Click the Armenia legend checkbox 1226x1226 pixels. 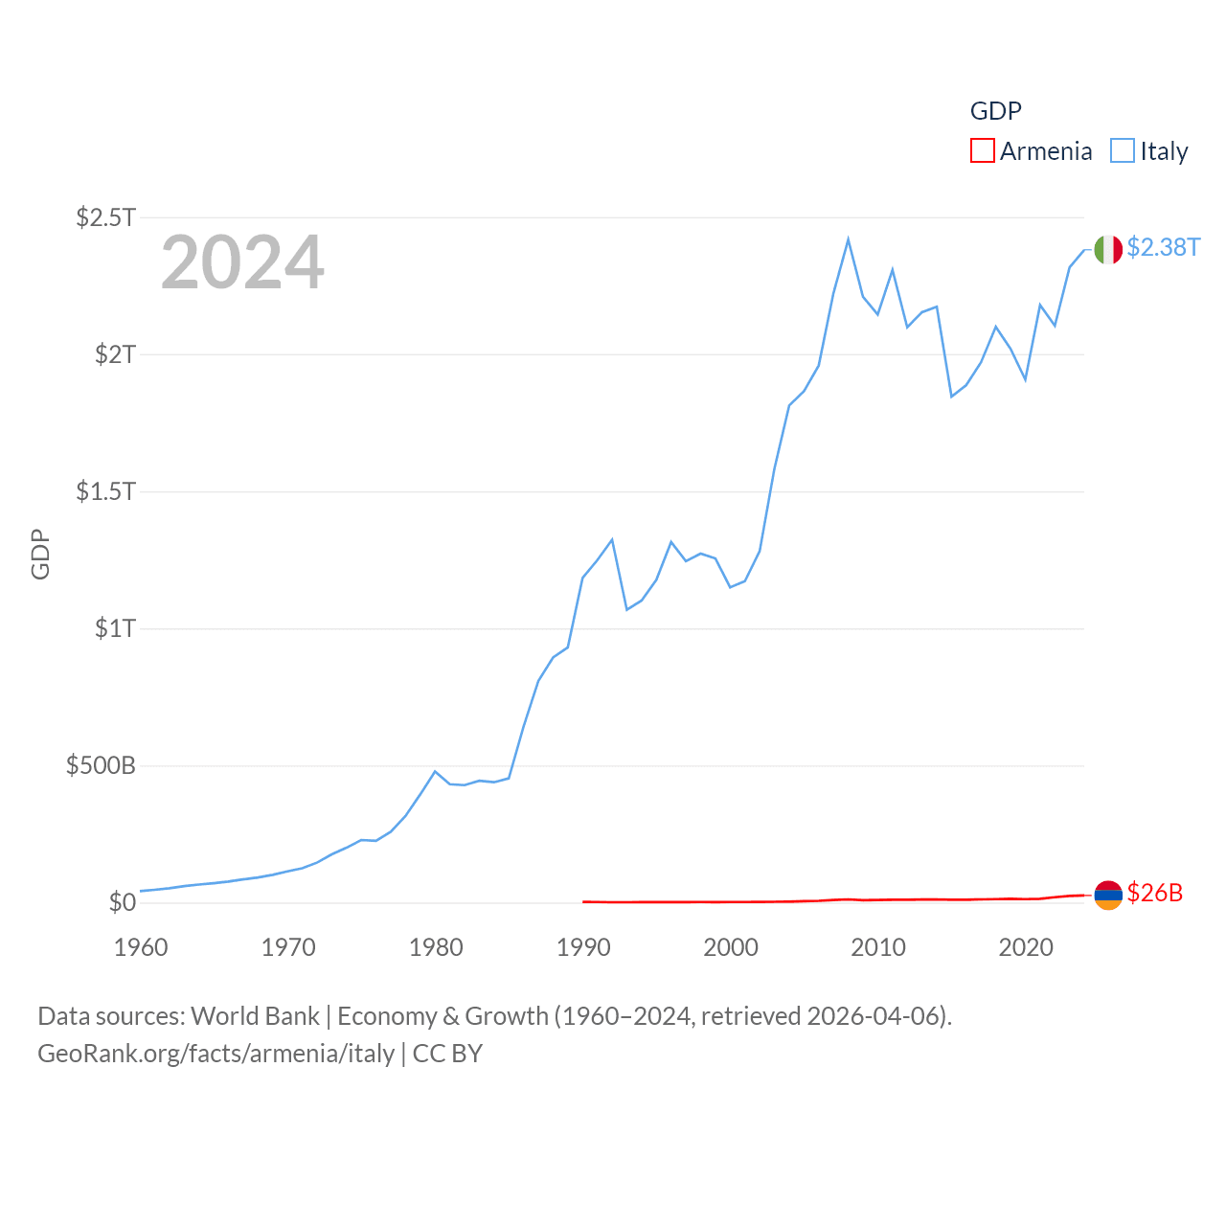[x=983, y=151]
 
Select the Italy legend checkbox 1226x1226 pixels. [x=1123, y=151]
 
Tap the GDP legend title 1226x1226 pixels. [x=995, y=111]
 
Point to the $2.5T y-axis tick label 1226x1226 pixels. [x=105, y=217]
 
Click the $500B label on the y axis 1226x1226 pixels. [x=101, y=765]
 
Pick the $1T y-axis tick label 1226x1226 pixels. [x=115, y=628]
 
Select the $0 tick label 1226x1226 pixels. [x=122, y=902]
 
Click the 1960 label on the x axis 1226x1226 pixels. [x=141, y=947]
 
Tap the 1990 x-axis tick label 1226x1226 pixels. [x=583, y=947]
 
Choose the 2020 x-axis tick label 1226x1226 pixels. [x=1026, y=947]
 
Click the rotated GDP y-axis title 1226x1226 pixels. [x=40, y=554]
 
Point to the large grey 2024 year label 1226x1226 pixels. [x=242, y=262]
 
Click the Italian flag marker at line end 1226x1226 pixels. [x=1108, y=249]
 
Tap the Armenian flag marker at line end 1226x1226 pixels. [x=1108, y=895]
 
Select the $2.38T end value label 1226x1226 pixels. [x=1163, y=247]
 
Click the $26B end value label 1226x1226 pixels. [x=1154, y=893]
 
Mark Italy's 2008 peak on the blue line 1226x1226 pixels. [x=849, y=239]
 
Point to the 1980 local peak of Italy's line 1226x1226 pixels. [x=435, y=771]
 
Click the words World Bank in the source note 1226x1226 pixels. [x=256, y=1015]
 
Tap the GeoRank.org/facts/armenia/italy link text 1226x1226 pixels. [x=216, y=1054]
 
